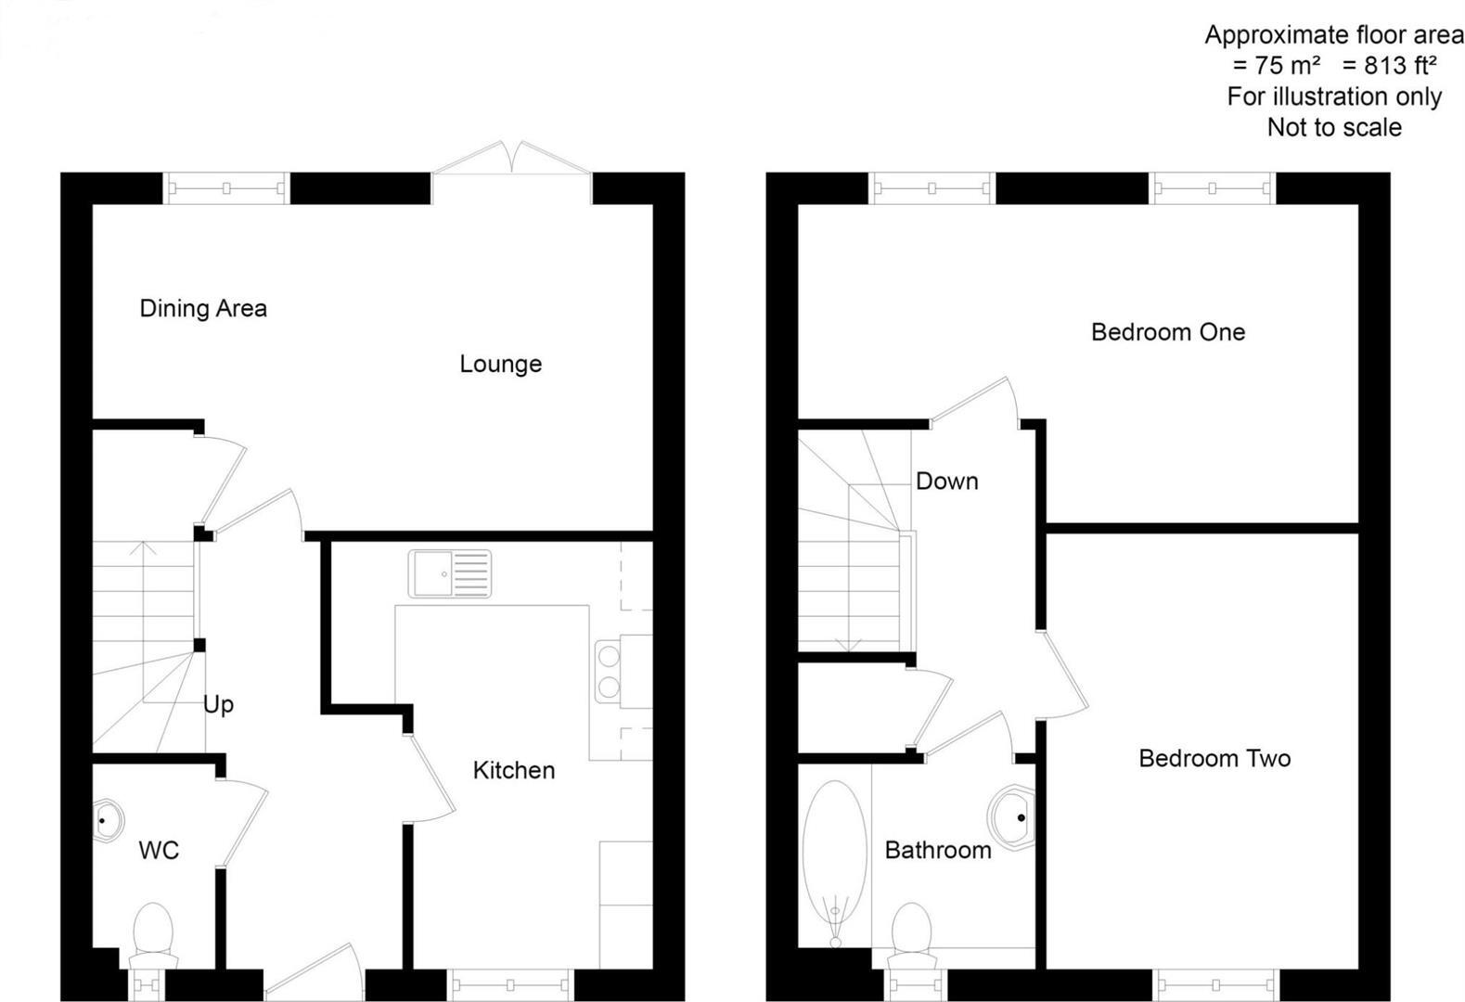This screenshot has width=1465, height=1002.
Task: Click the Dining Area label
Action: click(x=203, y=309)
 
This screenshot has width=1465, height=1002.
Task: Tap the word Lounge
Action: click(x=500, y=364)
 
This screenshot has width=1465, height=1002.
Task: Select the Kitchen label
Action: click(x=513, y=770)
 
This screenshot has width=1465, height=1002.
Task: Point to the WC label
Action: click(x=159, y=850)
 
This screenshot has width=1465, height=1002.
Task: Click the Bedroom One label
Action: click(x=1167, y=332)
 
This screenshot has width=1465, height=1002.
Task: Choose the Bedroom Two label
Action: click(x=1214, y=759)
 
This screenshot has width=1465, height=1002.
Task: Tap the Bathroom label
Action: click(x=937, y=850)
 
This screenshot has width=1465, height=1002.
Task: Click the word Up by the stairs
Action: click(x=218, y=705)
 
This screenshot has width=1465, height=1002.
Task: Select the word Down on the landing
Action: click(x=946, y=482)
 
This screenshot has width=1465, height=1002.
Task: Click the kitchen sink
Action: click(x=450, y=574)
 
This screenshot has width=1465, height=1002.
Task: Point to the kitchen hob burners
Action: click(x=609, y=672)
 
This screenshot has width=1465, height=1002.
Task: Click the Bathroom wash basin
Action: click(x=1012, y=818)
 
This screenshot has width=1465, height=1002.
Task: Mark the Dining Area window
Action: click(x=226, y=188)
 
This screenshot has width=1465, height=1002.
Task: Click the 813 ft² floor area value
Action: click(x=1389, y=66)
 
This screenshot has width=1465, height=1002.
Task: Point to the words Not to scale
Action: click(x=1333, y=128)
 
